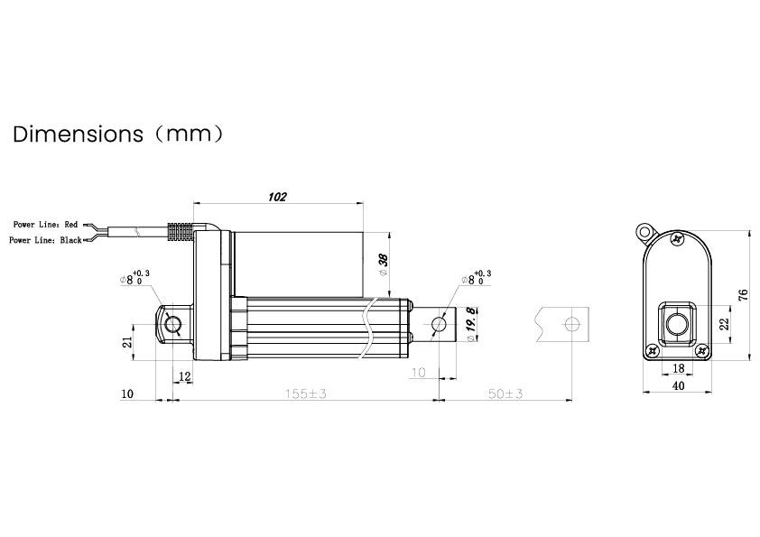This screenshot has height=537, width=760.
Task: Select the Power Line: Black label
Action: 45,240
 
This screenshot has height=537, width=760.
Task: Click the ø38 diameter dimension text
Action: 383,263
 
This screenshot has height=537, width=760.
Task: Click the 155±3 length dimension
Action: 304,394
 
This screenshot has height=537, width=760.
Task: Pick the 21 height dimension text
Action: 128,341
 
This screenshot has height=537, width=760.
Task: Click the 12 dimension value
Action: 184,375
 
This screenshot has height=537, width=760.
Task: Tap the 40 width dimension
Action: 678,385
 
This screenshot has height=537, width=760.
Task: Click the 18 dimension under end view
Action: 678,368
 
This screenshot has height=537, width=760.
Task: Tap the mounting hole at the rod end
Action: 440,323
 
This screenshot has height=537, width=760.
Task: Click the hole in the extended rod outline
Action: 570,323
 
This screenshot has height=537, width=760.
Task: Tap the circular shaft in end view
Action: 677,323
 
